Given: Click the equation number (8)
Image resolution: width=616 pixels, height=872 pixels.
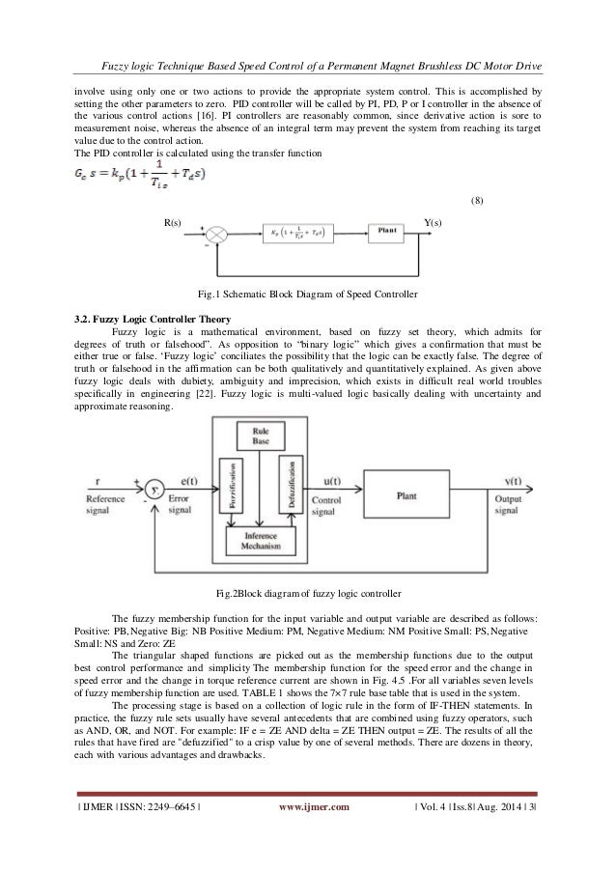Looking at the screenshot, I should coord(476,201).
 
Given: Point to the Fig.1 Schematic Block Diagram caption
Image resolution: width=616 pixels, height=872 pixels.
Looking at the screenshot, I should coord(308,293).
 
